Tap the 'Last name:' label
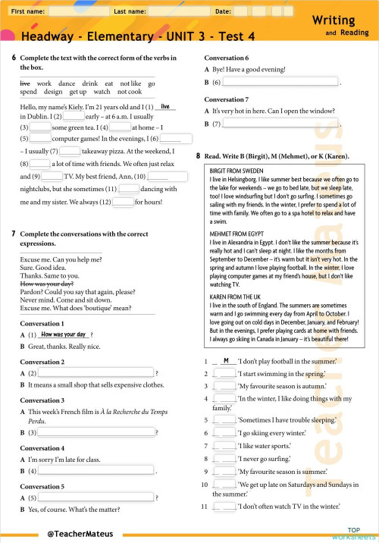[x=130, y=12]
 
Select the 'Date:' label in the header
[x=224, y=12]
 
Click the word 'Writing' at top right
[x=340, y=19]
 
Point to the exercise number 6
[x=14, y=58]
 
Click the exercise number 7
[x=14, y=234]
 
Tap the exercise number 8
[x=199, y=156]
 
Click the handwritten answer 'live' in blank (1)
[x=165, y=107]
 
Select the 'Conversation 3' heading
[x=42, y=400]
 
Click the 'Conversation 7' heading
[x=227, y=99]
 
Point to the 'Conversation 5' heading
[x=42, y=486]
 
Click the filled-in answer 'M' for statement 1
[x=226, y=360]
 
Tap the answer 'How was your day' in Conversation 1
[x=64, y=334]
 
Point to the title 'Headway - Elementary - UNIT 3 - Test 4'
[x=138, y=36]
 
